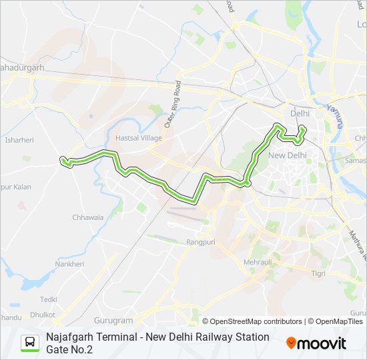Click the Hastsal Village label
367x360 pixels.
click(139, 137)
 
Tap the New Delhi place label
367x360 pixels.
click(287, 155)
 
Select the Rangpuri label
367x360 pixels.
click(200, 242)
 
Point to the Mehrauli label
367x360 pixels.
click(258, 263)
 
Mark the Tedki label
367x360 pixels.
click(49, 299)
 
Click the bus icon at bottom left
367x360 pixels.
click(30, 343)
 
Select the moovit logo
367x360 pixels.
click(316, 343)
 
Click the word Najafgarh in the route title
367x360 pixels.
click(71, 337)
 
